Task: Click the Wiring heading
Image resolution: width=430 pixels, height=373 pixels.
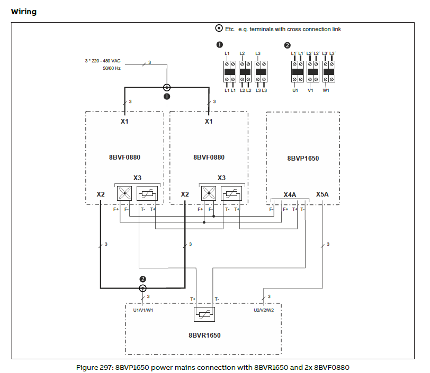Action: pyautogui.click(x=23, y=11)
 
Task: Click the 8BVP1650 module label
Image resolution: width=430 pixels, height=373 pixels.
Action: pyautogui.click(x=303, y=158)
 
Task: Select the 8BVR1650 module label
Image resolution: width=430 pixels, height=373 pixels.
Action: pyautogui.click(x=204, y=335)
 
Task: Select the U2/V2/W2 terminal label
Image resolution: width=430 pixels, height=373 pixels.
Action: pyautogui.click(x=263, y=310)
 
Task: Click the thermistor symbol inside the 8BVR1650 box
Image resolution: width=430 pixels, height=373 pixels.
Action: pyautogui.click(x=204, y=314)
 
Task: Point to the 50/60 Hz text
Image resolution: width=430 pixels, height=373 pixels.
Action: pyautogui.click(x=112, y=69)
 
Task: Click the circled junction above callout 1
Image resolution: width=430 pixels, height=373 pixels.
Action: pyautogui.click(x=167, y=88)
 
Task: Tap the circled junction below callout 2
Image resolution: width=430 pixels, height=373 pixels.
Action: pyautogui.click(x=142, y=288)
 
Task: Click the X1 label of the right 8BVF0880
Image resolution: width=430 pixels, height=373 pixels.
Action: pyautogui.click(x=209, y=121)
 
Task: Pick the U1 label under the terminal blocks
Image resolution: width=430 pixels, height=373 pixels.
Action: pyautogui.click(x=295, y=90)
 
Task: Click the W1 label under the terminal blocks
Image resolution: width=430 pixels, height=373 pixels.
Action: pyautogui.click(x=326, y=90)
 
